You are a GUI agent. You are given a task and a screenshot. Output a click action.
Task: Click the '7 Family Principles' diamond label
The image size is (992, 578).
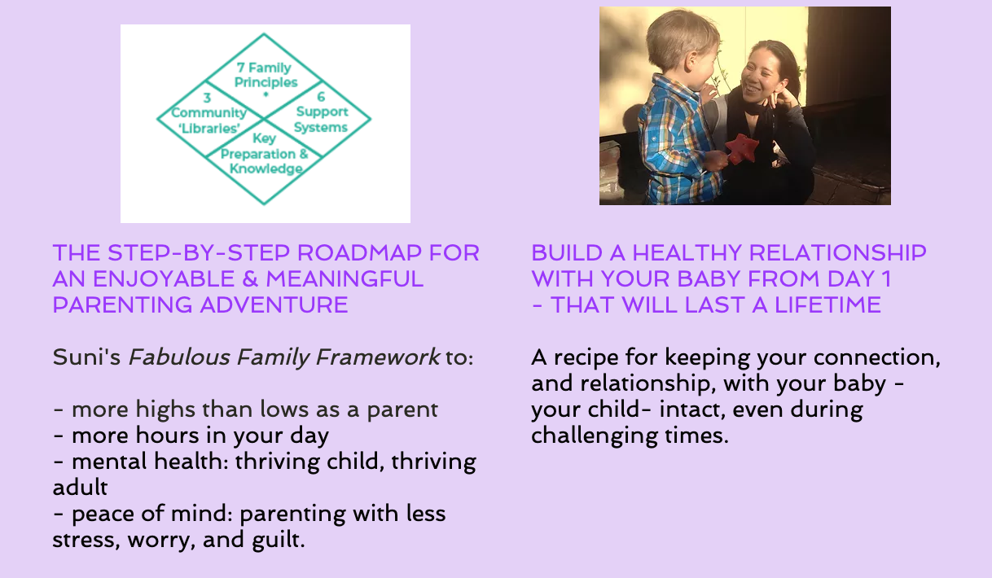(x=266, y=75)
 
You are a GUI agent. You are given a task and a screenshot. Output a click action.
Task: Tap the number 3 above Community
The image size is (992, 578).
(x=207, y=98)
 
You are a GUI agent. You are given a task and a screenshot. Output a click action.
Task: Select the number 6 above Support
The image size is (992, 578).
(x=321, y=97)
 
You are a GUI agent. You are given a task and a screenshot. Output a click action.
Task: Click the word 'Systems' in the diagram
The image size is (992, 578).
(x=321, y=128)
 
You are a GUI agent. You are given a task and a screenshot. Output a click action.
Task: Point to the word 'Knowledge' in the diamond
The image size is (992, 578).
(x=266, y=169)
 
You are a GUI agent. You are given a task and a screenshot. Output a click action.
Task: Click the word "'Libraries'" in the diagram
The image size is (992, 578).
(x=209, y=129)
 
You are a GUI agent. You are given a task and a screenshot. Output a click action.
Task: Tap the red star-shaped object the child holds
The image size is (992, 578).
(x=741, y=148)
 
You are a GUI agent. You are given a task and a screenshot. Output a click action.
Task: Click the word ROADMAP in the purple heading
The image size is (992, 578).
(x=358, y=253)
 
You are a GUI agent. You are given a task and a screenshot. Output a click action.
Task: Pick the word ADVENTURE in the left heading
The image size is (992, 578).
(x=274, y=305)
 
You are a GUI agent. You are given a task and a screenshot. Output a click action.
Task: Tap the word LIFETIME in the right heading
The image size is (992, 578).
(x=827, y=305)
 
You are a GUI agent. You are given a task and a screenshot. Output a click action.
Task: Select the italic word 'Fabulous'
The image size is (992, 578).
(x=179, y=357)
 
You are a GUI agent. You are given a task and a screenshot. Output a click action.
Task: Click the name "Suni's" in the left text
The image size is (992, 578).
(x=86, y=357)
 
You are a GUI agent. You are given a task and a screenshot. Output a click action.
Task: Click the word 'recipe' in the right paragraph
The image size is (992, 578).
(x=586, y=357)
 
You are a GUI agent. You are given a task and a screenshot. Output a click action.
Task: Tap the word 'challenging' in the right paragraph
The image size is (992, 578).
(x=595, y=436)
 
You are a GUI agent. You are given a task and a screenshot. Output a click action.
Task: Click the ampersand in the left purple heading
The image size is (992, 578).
(x=250, y=279)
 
